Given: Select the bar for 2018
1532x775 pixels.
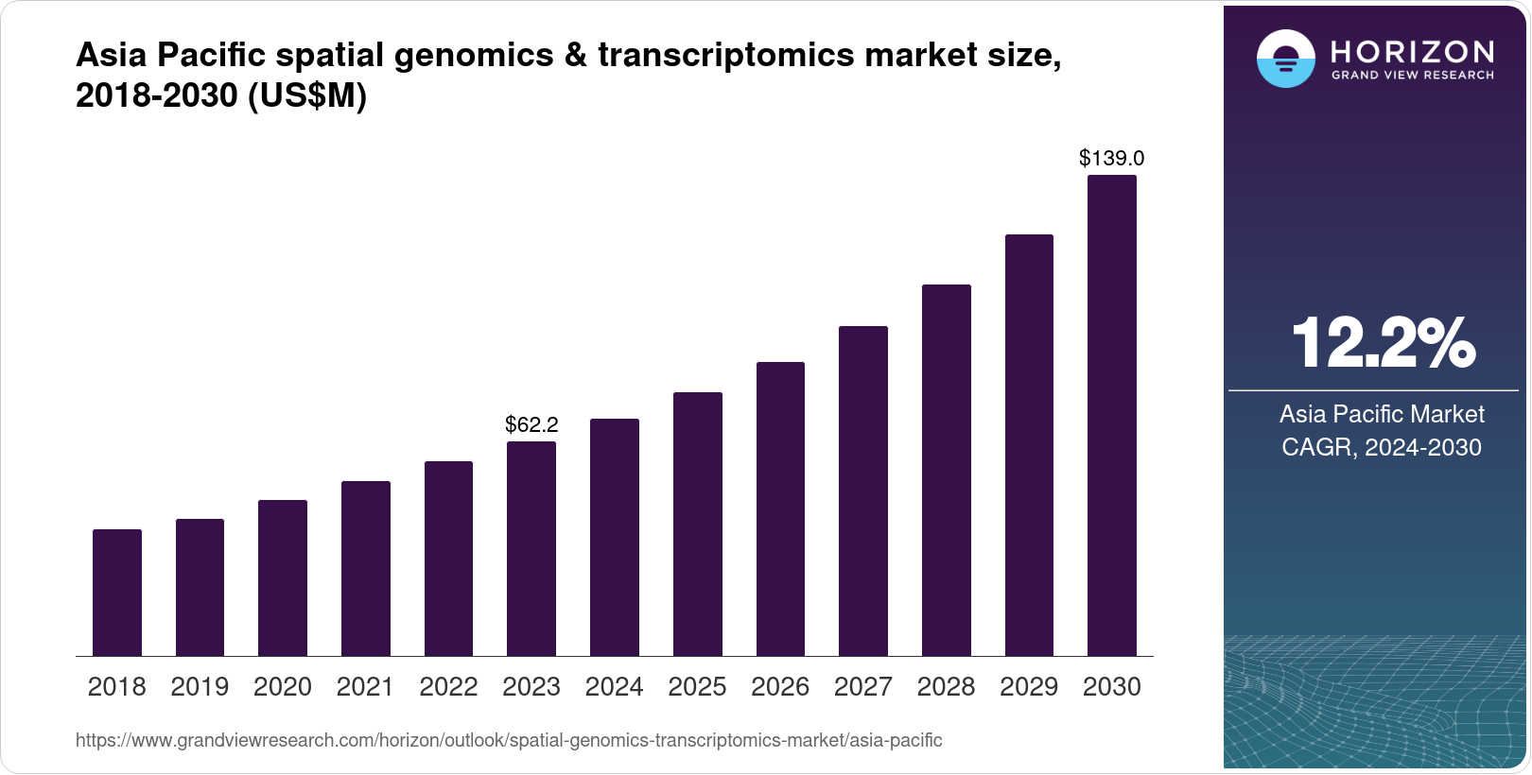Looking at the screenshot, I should click(x=117, y=593).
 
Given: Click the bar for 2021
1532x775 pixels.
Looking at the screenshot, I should click(x=366, y=568).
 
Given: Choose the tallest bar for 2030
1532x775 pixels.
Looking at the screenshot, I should click(x=1112, y=416).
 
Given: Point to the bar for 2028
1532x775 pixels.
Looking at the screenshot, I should click(x=946, y=470).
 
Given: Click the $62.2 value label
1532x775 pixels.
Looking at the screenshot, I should click(x=531, y=424).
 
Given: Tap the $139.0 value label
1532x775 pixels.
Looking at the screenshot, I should click(x=1111, y=158).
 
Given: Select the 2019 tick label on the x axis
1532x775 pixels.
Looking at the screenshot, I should click(x=200, y=687).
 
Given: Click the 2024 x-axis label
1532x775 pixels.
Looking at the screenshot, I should click(x=614, y=687).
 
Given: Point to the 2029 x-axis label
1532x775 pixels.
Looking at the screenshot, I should click(x=1029, y=687).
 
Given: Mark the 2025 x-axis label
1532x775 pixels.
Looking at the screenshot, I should click(x=697, y=687).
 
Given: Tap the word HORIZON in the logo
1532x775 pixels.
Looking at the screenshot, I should click(x=1413, y=51).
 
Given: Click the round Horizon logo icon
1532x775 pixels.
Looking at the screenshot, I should click(x=1285, y=60).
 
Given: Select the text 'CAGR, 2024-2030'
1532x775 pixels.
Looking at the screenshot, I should click(x=1381, y=447).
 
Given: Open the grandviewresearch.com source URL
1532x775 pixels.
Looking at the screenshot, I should click(x=509, y=740).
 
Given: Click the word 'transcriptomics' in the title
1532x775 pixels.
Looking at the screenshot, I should click(x=713, y=56).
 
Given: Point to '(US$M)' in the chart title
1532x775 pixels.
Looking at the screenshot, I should click(x=306, y=95).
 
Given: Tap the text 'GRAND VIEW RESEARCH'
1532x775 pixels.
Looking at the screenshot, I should click(x=1413, y=76).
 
